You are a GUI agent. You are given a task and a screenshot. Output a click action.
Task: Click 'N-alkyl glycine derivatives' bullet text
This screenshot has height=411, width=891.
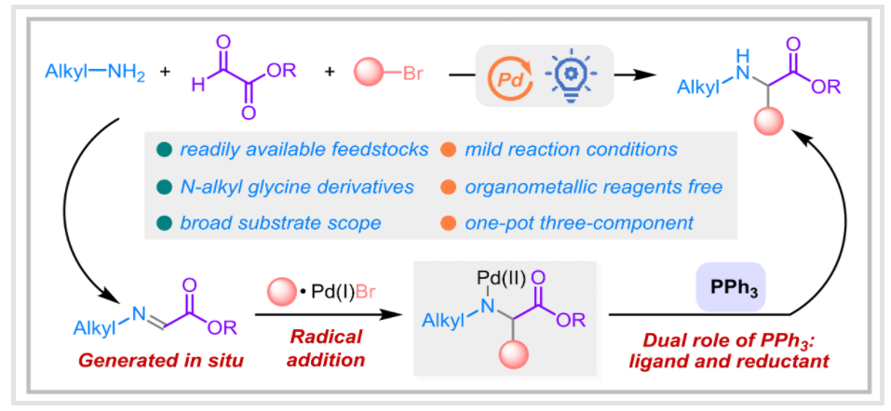(x=296, y=186)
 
